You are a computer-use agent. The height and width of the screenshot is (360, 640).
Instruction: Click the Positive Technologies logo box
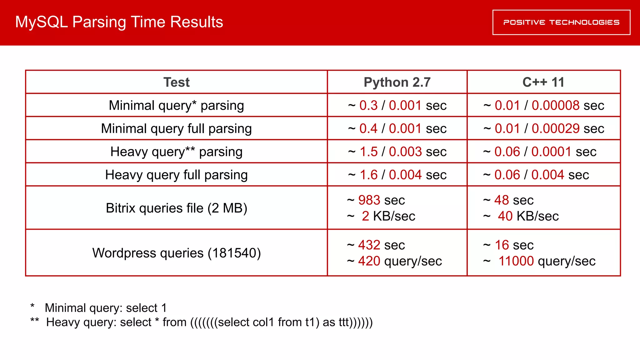561,22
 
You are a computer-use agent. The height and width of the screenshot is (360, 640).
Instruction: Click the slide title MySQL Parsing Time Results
119,22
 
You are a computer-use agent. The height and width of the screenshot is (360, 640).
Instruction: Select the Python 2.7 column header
397,82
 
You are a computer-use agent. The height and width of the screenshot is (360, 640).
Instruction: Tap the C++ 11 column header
543,82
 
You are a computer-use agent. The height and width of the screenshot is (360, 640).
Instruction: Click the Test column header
176,82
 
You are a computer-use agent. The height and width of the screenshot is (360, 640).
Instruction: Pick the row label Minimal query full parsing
176,128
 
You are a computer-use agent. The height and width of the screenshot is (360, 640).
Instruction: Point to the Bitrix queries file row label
176,208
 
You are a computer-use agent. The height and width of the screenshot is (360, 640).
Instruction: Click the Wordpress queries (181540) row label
176,253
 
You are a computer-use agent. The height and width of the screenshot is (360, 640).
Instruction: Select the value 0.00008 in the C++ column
556,105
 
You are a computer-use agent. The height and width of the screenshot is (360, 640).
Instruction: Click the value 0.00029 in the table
556,128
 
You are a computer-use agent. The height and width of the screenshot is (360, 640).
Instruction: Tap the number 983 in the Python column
369,200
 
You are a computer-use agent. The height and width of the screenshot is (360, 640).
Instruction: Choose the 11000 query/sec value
516,261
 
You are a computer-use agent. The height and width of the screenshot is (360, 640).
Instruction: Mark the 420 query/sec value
369,261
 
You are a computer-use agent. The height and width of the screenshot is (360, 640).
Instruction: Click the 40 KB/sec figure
505,216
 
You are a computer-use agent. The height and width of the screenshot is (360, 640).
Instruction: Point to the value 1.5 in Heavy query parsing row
368,152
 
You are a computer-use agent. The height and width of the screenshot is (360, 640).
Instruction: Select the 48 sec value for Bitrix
502,200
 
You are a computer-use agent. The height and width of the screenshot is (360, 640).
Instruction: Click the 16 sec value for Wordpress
502,245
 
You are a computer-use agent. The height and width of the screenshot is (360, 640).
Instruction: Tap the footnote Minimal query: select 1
106,308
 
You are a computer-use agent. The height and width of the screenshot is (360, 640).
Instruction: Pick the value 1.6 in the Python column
368,175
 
